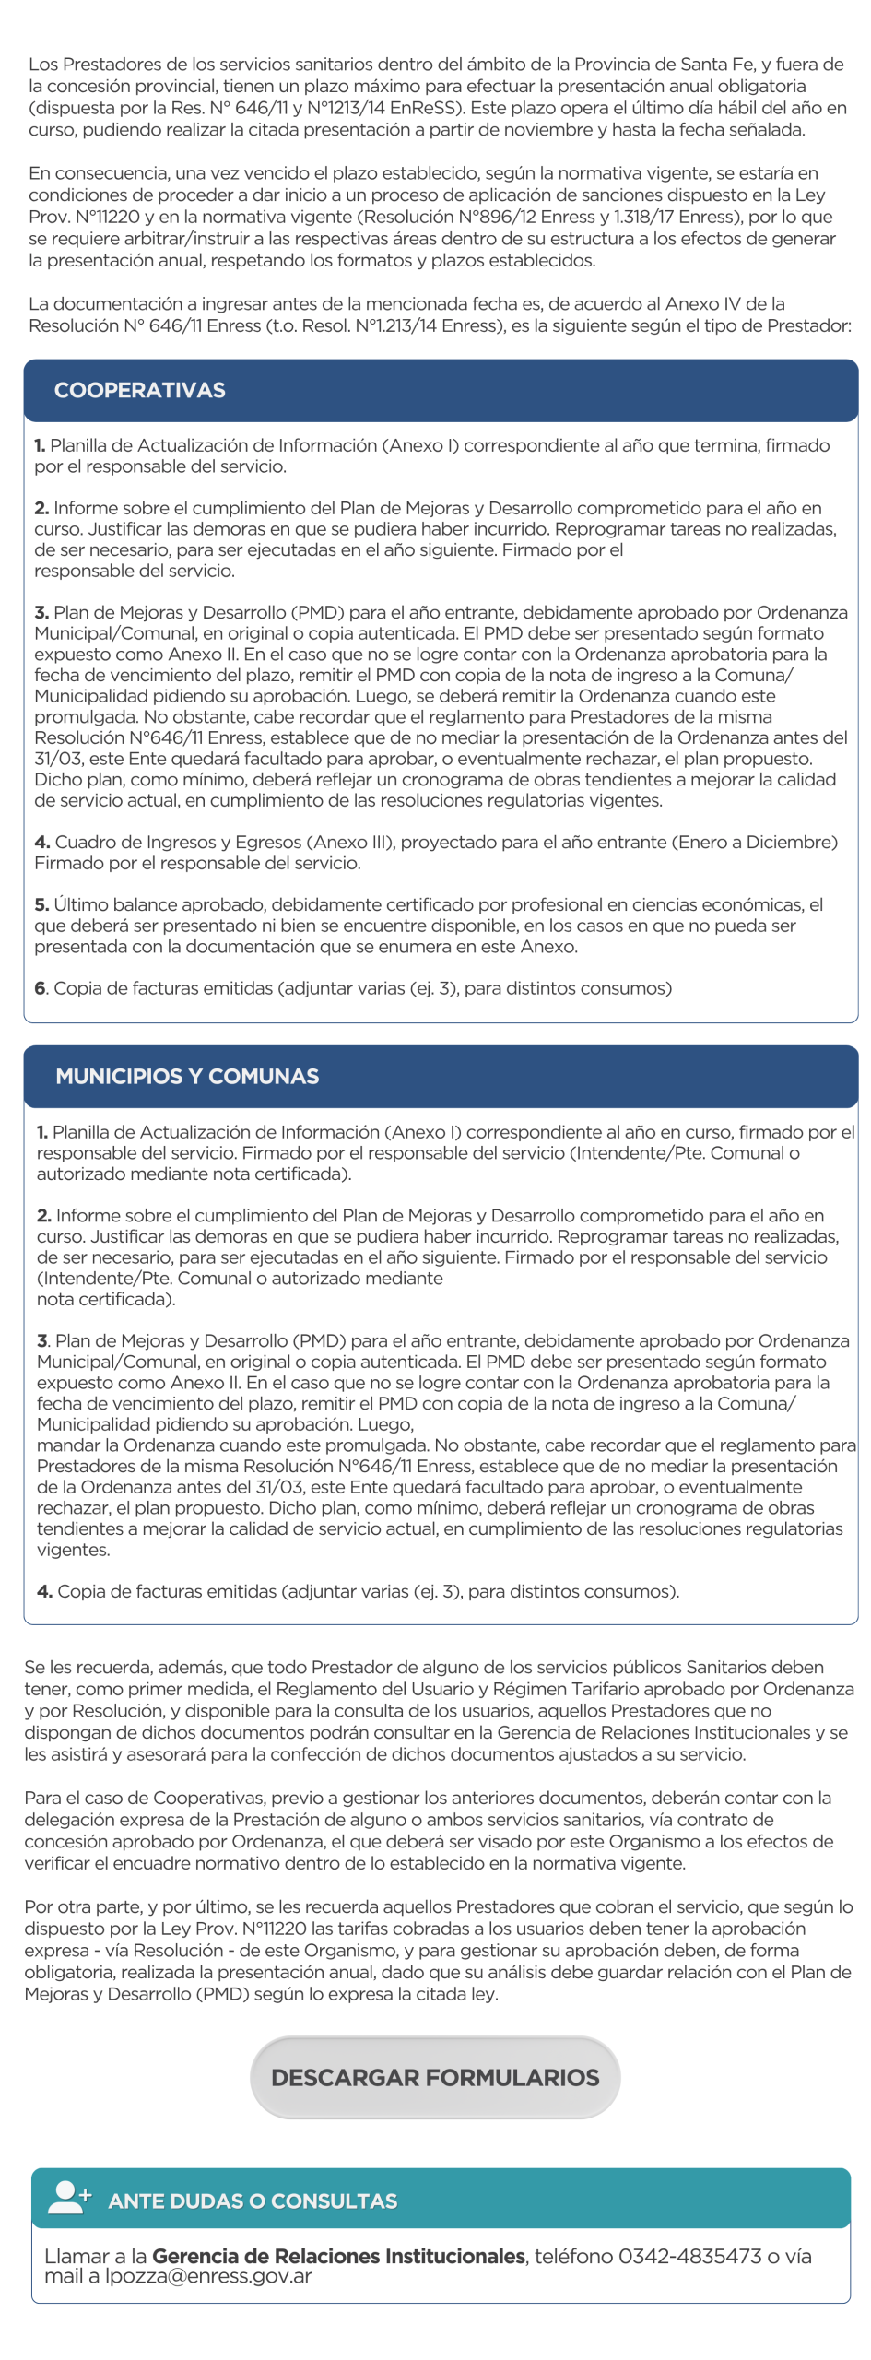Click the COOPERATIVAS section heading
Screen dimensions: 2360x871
(139, 390)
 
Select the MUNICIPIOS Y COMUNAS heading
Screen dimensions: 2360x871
(187, 1076)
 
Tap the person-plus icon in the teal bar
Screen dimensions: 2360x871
(69, 2198)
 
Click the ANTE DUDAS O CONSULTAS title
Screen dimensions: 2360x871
(253, 2201)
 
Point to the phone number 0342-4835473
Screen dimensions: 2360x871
(689, 2256)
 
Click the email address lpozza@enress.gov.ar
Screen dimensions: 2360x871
(208, 2276)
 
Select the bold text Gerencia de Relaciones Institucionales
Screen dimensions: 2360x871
(338, 2256)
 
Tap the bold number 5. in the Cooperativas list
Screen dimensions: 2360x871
(41, 904)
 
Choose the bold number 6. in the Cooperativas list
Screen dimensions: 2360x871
(41, 988)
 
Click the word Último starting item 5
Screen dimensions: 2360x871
(80, 904)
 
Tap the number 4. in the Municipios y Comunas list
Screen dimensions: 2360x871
(44, 1591)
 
